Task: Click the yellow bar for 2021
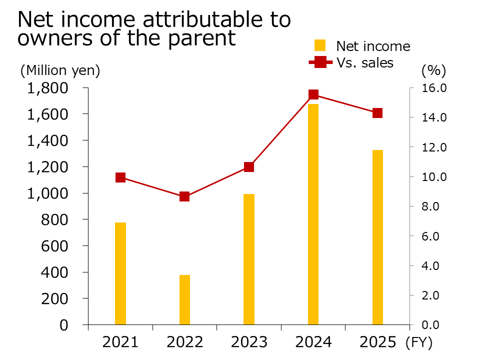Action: click(120, 273)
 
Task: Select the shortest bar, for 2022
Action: click(184, 299)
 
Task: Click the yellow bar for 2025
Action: click(377, 237)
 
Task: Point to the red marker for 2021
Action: click(120, 177)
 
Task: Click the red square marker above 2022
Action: click(184, 196)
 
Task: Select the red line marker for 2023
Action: click(249, 167)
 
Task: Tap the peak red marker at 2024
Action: click(313, 94)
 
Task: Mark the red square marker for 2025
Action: click(377, 113)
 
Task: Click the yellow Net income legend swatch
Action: click(320, 46)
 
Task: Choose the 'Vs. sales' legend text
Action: click(364, 63)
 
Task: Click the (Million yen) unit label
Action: click(60, 71)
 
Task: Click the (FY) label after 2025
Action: click(418, 343)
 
